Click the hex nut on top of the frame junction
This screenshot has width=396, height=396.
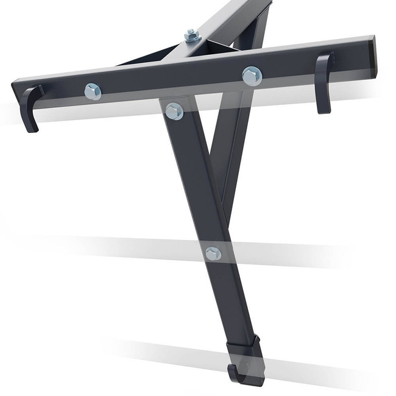[193, 36]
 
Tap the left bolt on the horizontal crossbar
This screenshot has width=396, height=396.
[93, 91]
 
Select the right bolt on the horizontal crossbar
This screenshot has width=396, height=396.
[252, 76]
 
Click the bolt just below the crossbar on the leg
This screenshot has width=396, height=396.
[174, 111]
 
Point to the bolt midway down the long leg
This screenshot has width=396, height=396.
[213, 253]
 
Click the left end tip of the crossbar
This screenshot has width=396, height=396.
[15, 85]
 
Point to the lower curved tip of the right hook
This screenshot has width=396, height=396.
[323, 110]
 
